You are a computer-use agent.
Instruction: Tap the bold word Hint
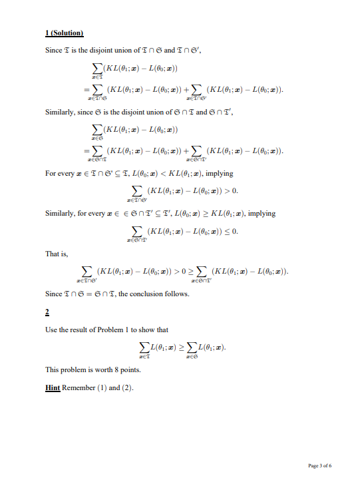tap(52, 387)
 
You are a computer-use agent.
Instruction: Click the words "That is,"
tap(56, 254)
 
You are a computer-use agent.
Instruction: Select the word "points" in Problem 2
tap(120, 369)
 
